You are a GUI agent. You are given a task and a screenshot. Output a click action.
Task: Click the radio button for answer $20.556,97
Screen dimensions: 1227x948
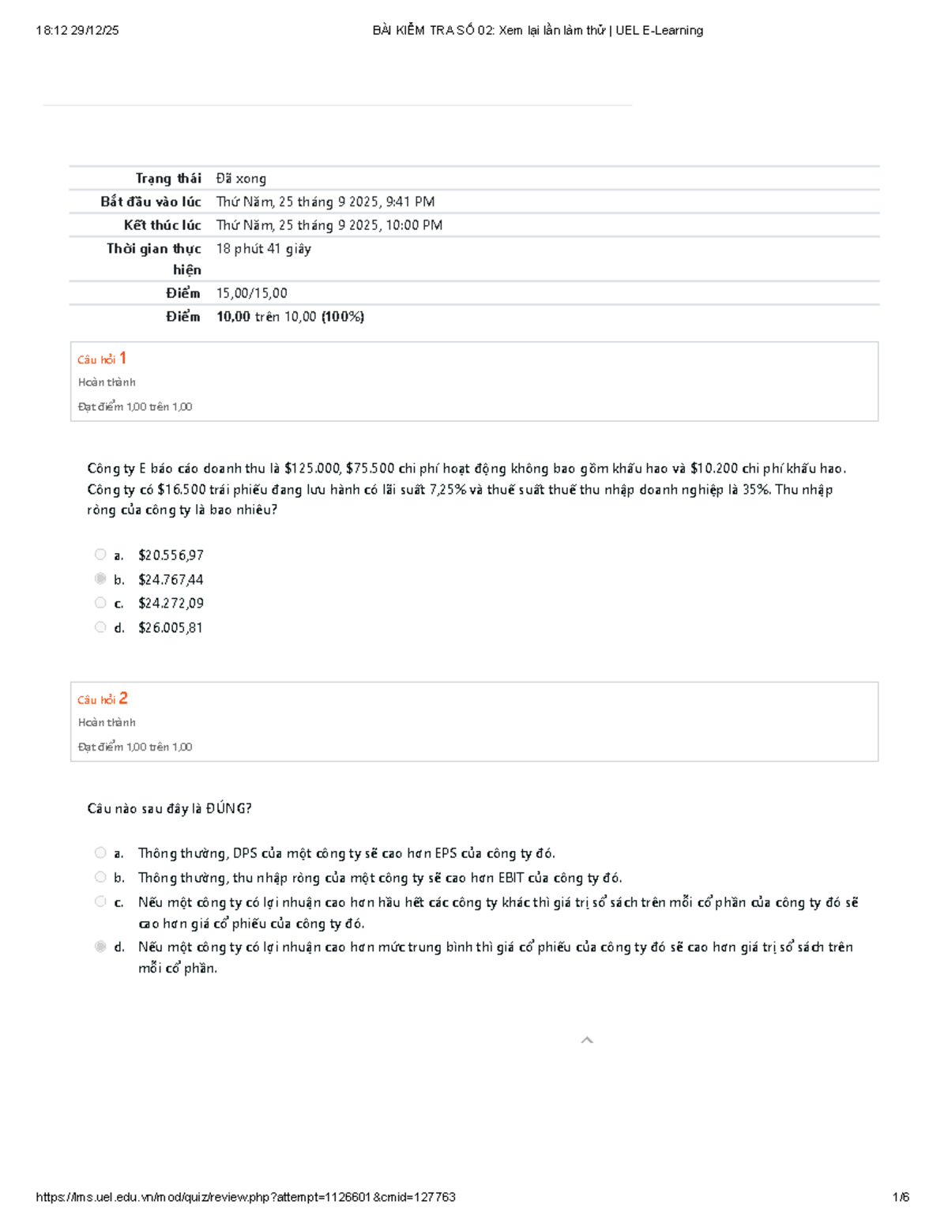point(100,555)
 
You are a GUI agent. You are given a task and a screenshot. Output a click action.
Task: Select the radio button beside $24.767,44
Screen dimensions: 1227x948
point(100,579)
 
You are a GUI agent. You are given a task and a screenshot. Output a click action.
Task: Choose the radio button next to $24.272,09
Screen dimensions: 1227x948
point(100,603)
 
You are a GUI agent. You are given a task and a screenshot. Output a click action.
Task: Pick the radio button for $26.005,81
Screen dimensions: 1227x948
point(100,627)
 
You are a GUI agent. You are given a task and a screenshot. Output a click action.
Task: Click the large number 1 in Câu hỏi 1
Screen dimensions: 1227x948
point(122,358)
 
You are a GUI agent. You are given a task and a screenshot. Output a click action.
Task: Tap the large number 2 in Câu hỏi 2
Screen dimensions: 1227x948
point(123,698)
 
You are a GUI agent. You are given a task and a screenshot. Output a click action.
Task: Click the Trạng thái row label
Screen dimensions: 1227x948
point(167,179)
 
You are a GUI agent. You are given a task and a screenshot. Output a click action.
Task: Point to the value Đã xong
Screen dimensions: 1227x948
point(241,179)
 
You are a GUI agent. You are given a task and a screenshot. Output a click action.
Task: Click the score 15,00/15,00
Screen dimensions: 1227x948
point(251,293)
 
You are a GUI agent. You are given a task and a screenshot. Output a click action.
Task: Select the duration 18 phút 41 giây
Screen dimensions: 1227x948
point(263,249)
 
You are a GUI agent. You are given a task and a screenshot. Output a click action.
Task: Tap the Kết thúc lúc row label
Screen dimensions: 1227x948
point(162,225)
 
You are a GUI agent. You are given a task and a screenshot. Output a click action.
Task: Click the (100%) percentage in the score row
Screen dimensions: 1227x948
point(343,317)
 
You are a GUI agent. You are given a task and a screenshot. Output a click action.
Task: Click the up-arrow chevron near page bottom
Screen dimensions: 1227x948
point(587,1041)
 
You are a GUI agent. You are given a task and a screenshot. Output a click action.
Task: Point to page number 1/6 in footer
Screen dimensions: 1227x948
point(901,1197)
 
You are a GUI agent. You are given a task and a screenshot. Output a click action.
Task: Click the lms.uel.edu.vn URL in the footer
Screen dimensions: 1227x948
point(246,1197)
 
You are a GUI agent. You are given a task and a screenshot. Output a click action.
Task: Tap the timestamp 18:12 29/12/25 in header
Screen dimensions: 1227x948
point(77,31)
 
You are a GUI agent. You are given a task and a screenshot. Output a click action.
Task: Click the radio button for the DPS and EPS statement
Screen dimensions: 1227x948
point(100,853)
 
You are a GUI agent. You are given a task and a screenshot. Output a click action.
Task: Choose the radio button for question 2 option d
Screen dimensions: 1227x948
point(100,947)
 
